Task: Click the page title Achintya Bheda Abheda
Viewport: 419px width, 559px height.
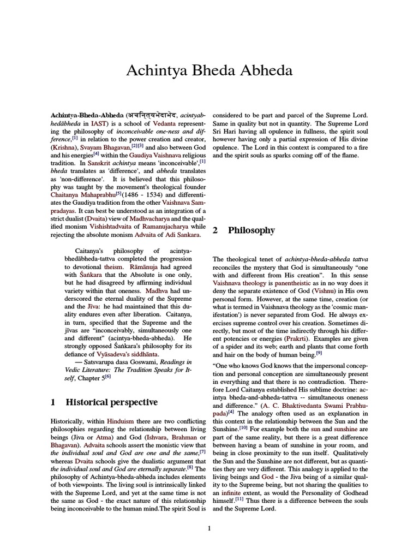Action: pyautogui.click(x=209, y=70)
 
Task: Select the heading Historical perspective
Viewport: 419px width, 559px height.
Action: pyautogui.click(x=111, y=402)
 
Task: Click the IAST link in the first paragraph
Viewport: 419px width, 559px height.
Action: pyautogui.click(x=99, y=124)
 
